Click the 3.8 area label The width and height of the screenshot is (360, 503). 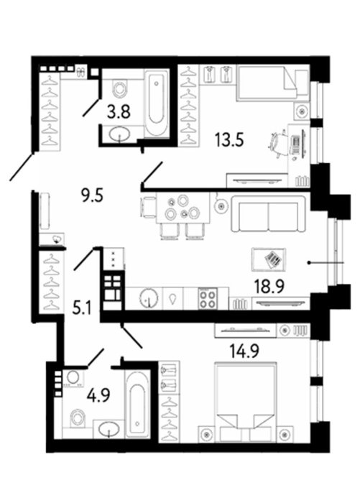119,112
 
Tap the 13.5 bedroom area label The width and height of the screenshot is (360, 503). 229,140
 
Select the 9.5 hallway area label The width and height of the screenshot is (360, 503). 92,195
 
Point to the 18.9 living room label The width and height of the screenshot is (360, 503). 269,286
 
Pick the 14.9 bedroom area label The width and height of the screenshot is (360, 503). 244,351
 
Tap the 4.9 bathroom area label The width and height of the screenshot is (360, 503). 98,395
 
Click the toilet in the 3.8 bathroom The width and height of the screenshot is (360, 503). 120,88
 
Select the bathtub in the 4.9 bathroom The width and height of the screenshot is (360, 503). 137,404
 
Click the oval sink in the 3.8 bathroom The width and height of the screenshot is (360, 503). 119,134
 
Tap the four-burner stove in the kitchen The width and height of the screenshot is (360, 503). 208,299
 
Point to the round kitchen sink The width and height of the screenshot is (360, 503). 149,297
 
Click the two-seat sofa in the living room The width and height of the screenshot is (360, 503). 268,213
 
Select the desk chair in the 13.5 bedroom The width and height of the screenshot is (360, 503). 277,144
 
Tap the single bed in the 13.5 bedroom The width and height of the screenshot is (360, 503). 273,83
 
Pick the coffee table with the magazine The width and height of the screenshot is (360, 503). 269,259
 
